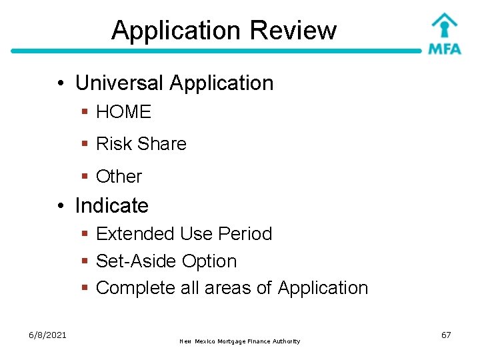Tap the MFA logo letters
pos(445,49)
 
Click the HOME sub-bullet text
pos(123,112)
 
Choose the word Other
pos(119,177)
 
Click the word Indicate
pos(111,205)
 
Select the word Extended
pos(135,234)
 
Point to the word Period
pos(245,234)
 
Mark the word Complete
pos(136,288)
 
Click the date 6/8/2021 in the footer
pos(47,335)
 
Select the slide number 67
pos(446,335)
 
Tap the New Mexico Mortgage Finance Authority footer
pos(240,341)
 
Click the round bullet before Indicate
pos(61,206)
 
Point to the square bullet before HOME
pos(85,113)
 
